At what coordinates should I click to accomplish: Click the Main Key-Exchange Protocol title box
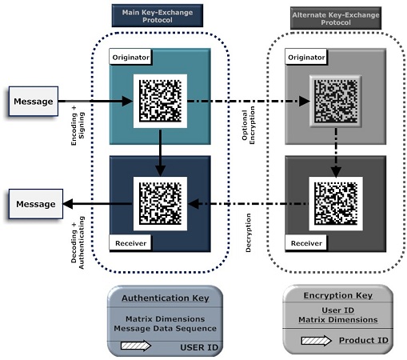tap(158, 15)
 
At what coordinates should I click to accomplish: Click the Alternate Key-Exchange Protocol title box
tap(336, 18)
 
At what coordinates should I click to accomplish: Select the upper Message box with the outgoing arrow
tap(34, 101)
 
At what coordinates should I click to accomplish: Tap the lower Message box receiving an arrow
tap(36, 204)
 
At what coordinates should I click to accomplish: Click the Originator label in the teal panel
tap(130, 57)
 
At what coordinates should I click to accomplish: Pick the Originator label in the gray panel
tap(306, 57)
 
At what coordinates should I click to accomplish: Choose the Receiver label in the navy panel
tap(130, 243)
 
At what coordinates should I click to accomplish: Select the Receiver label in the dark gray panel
tap(306, 243)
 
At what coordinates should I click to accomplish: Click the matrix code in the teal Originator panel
tap(160, 101)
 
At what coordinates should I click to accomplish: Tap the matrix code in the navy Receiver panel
tap(160, 203)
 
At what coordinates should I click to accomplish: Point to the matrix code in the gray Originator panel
tap(336, 101)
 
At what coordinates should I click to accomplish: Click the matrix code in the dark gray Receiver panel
tap(336, 203)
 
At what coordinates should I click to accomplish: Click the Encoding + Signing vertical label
tap(78, 126)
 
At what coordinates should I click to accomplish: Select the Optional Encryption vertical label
tap(248, 125)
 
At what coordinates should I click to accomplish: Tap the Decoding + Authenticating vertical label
tap(78, 242)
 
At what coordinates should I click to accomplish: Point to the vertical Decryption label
tap(248, 233)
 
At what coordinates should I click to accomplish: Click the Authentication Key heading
tap(166, 298)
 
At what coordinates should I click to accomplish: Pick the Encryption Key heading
tap(338, 295)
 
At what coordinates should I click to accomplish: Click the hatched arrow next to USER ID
tap(136, 346)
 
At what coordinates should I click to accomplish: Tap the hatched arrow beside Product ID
tap(317, 341)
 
